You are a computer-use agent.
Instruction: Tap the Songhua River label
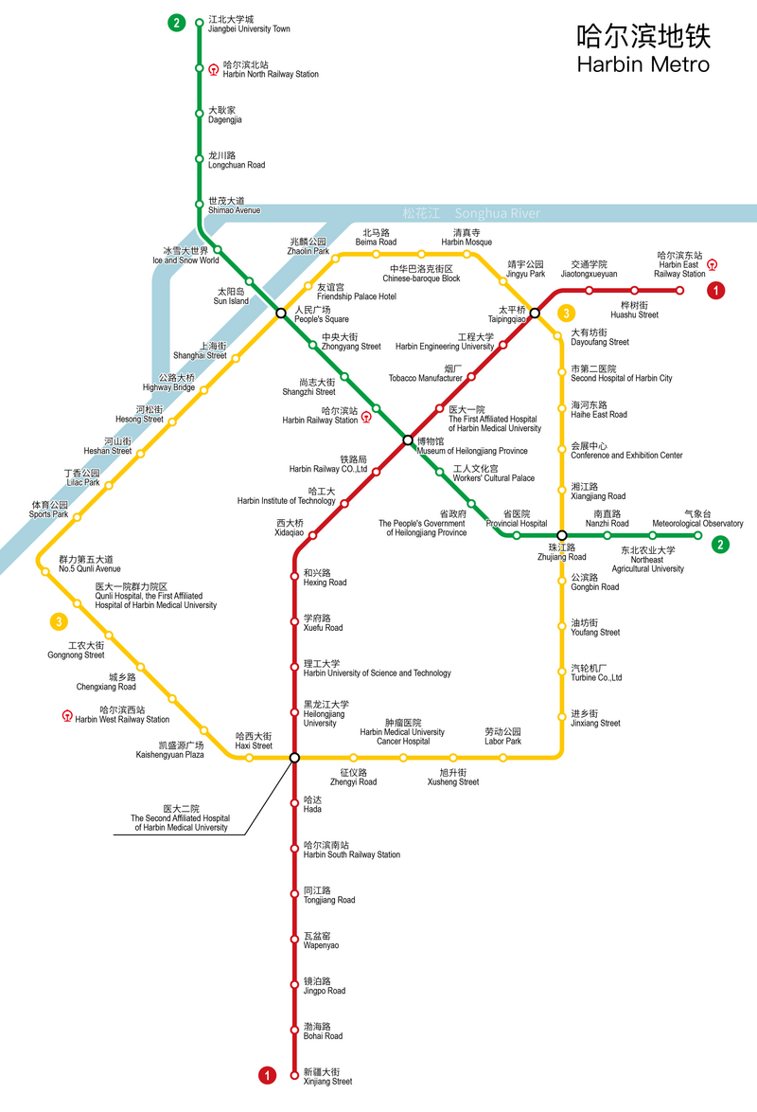click(497, 213)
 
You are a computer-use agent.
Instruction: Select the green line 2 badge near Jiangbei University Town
click(176, 24)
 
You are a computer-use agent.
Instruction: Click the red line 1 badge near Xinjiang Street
click(268, 1075)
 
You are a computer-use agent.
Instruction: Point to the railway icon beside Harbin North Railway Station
click(214, 69)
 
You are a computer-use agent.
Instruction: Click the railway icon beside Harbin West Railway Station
click(67, 715)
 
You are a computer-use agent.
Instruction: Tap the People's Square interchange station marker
click(281, 314)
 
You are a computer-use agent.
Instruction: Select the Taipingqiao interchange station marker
click(535, 313)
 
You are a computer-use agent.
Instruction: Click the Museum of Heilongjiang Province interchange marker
click(408, 439)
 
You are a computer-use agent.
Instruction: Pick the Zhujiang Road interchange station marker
click(561, 535)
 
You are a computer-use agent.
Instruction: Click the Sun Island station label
click(232, 296)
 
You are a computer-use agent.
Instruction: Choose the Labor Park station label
click(503, 737)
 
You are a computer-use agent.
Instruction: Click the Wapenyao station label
click(321, 941)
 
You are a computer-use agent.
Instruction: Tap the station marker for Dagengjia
click(200, 115)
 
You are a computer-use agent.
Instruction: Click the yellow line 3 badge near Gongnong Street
click(59, 622)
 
